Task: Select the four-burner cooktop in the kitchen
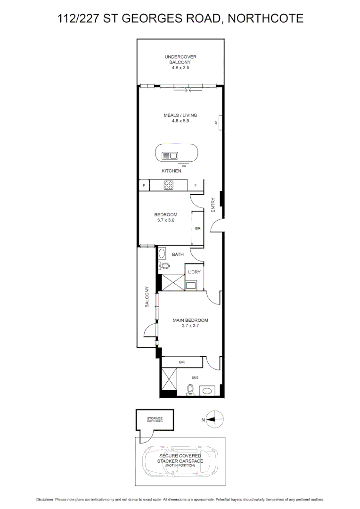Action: tap(168, 185)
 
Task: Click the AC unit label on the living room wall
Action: tap(216, 123)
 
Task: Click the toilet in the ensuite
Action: tap(190, 390)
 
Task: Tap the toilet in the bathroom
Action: tap(163, 265)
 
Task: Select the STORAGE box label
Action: tap(155, 419)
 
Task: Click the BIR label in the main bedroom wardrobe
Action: tap(181, 362)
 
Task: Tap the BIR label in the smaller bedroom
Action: tap(198, 229)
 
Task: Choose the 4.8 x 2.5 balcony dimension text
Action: tap(180, 68)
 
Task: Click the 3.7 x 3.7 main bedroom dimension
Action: tap(184, 325)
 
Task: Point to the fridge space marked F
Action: tap(195, 185)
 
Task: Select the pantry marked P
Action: tap(144, 185)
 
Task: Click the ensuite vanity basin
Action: tap(207, 391)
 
